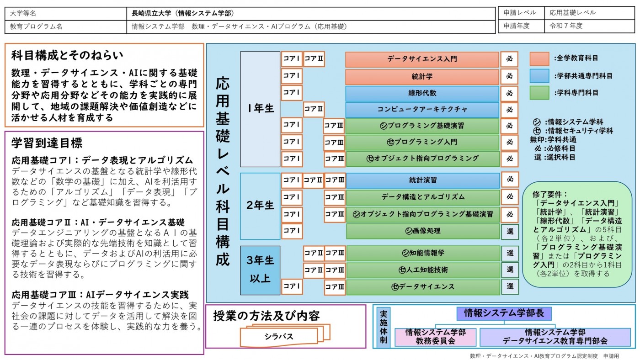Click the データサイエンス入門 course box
tap(422, 59)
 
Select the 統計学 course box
tap(422, 76)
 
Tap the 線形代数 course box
tap(422, 93)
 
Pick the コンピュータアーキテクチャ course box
tap(422, 110)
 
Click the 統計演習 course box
tap(423, 180)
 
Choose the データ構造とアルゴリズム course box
tap(423, 197)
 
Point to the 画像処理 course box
tap(423, 231)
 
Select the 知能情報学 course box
tap(423, 253)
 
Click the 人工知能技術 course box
tap(423, 270)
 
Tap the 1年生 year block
tap(260, 109)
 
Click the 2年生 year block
tap(260, 206)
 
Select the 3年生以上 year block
tap(260, 270)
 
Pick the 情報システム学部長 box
tap(504, 313)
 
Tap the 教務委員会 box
tap(435, 337)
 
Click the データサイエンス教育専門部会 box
tap(555, 337)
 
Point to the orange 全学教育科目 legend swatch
tap(539, 59)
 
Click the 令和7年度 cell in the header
tap(589, 26)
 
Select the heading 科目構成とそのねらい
tap(67, 55)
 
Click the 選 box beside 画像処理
tap(510, 232)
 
